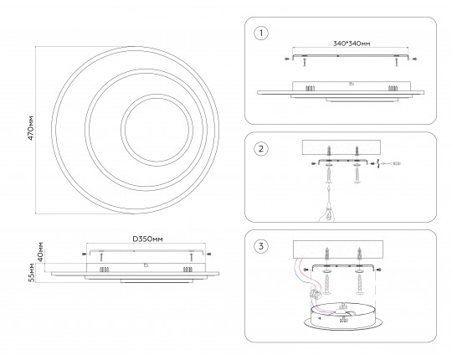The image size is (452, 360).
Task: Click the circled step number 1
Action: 261,33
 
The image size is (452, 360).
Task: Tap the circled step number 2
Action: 261,149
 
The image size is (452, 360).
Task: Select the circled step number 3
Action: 261,246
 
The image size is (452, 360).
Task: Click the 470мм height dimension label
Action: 31,128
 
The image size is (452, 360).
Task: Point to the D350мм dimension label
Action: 147,239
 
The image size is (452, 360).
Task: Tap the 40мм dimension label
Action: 41,252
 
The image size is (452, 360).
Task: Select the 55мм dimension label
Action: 32,273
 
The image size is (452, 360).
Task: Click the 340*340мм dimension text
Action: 352,44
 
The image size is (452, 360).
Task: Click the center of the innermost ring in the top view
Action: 157,130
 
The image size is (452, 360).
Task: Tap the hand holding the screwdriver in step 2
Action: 327,213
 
